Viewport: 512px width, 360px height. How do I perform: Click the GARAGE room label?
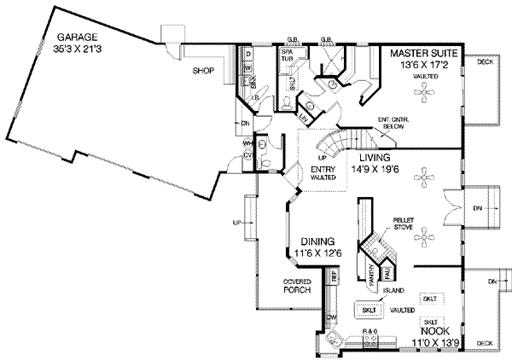[x=76, y=38]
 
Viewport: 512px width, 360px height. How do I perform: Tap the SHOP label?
[x=201, y=71]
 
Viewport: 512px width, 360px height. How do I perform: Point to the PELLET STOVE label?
[x=403, y=224]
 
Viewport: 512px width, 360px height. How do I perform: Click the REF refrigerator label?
[x=335, y=276]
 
